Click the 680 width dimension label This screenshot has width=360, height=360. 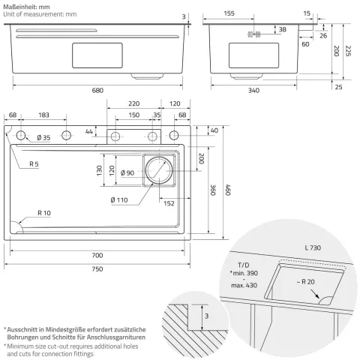tap(97, 90)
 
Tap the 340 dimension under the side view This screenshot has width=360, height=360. tap(253, 90)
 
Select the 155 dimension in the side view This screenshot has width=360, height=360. tap(229, 13)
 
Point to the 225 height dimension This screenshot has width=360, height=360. tap(348, 51)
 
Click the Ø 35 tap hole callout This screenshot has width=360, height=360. tap(43, 137)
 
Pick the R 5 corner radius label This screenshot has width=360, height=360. tap(34, 164)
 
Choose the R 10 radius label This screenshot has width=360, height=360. tap(44, 213)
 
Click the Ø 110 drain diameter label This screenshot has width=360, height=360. tap(119, 200)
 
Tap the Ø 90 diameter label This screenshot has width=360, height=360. tap(127, 172)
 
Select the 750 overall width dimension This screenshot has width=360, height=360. tap(97, 269)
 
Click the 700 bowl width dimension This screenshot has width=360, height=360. tap(97, 255)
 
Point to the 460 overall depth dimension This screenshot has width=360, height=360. tap(228, 190)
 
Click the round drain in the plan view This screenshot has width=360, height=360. tap(159, 170)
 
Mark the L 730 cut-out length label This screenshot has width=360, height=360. tap(313, 247)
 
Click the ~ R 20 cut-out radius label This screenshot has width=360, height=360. tap(305, 282)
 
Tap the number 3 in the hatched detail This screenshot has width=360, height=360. tap(206, 316)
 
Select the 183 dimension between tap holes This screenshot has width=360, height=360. tap(43, 115)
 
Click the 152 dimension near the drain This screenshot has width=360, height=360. tap(169, 203)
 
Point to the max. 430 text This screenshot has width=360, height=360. tap(244, 285)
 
